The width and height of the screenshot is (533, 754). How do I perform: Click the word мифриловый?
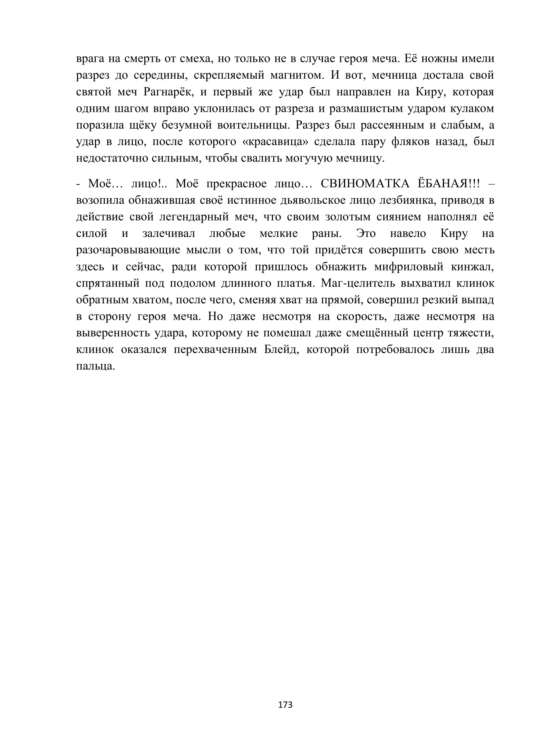pos(409,267)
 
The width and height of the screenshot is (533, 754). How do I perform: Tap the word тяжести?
pos(470,333)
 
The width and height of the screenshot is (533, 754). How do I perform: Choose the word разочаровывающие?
pos(128,250)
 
